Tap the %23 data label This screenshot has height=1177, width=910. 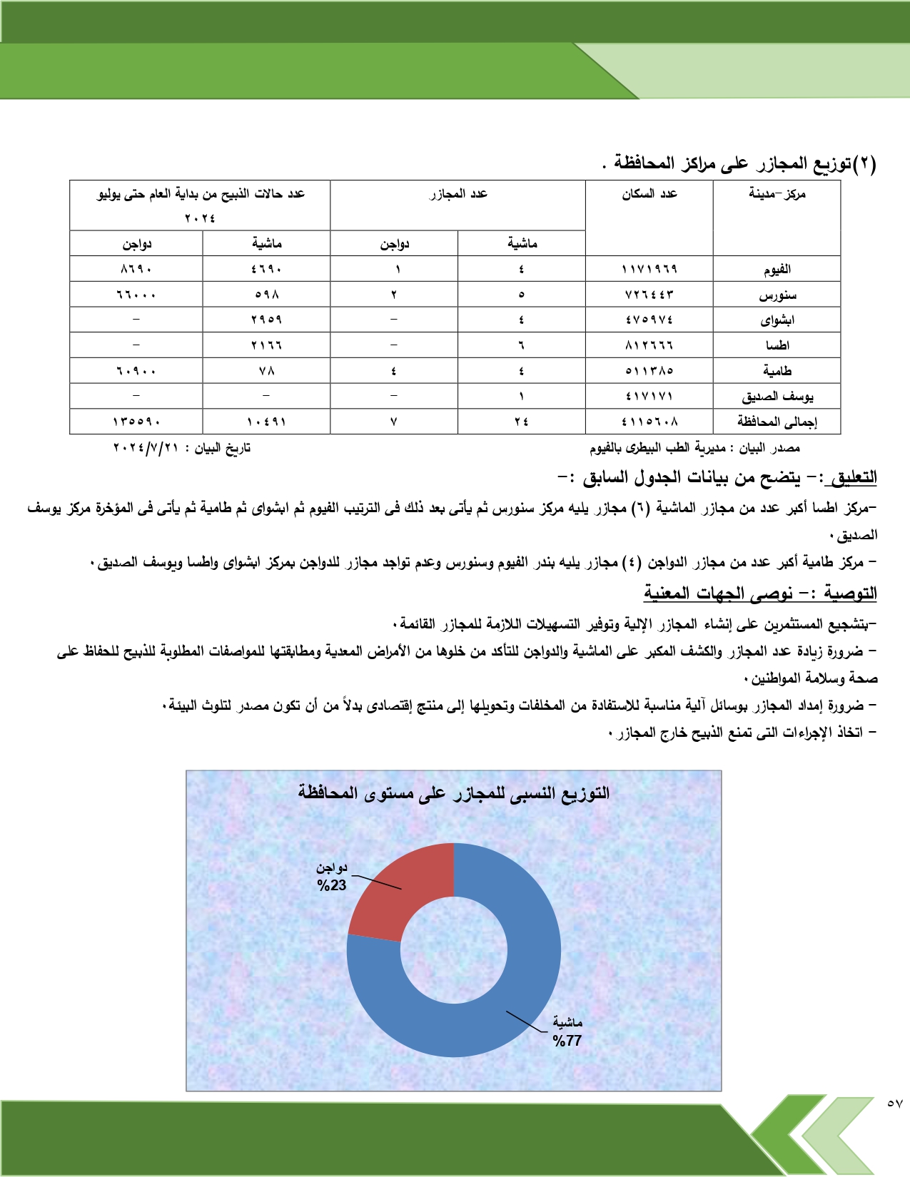[332, 885]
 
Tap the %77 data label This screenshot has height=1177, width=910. [567, 1041]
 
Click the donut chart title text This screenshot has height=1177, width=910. [454, 793]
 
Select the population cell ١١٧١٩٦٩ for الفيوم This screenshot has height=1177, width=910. [649, 269]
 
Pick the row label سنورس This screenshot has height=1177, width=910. [777, 295]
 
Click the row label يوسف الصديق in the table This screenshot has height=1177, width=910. [777, 396]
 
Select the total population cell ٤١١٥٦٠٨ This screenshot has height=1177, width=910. [649, 422]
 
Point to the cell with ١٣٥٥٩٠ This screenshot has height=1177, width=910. [136, 422]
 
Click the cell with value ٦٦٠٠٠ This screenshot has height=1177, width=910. [136, 295]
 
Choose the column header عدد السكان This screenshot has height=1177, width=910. [649, 193]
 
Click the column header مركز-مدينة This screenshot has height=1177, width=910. [777, 193]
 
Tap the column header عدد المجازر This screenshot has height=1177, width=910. [458, 193]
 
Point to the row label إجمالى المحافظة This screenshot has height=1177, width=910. [777, 422]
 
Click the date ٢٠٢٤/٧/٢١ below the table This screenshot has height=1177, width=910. [146, 448]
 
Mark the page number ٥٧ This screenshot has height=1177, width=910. [894, 1104]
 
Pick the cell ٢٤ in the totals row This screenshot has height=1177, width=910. [521, 422]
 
